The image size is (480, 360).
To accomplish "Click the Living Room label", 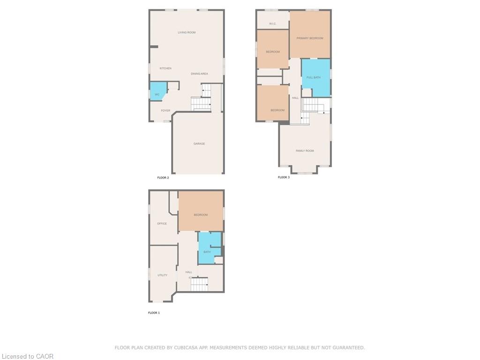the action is pos(187,32).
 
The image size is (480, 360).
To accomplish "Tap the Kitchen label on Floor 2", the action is pos(165,68).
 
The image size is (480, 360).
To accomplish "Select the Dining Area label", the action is pos(199,74).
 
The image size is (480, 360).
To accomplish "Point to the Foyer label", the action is pos(165,111).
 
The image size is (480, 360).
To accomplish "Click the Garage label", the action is pos(199,143).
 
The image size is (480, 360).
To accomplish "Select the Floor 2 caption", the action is pos(163,178).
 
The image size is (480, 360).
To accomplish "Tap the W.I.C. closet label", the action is pos(272,23).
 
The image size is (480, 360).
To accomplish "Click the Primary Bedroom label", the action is pos(310,38).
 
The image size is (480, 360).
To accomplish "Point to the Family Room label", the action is pos(305,150).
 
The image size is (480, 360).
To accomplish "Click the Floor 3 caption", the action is pos(284,177).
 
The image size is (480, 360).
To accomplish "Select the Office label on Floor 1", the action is pos(162,224).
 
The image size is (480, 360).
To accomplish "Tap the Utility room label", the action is pos(162,275).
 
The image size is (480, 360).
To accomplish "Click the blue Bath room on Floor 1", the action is pos(209,248).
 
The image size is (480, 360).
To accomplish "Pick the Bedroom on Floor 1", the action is pos(201,211).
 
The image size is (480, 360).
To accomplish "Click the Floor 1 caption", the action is pos(154,313).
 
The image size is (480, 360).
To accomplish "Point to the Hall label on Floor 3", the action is pos(295,98).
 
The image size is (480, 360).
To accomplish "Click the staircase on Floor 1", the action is pos(199,285).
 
